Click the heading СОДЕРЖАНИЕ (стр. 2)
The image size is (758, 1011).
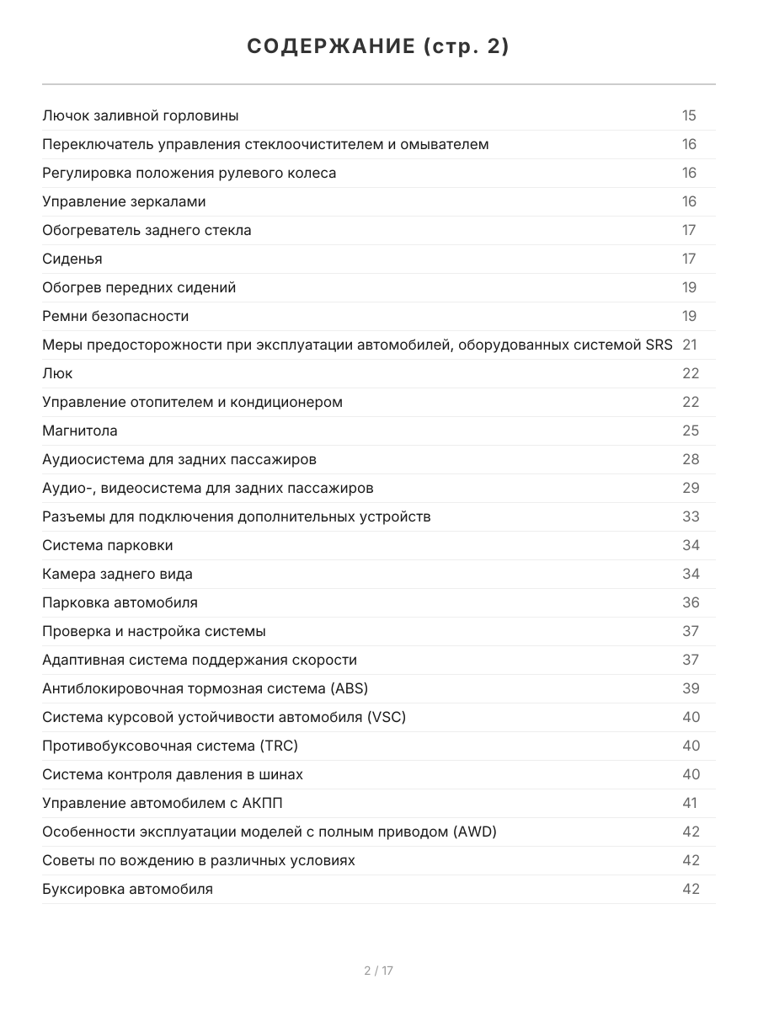coord(378,47)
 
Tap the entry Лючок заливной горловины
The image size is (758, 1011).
coord(140,115)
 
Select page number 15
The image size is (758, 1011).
coord(689,115)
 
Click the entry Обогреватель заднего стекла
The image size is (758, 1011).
coord(147,230)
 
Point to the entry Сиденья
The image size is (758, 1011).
coord(72,259)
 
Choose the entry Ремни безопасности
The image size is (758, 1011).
coord(115,316)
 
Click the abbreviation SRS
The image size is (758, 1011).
coord(659,345)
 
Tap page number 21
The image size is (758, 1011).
coord(689,345)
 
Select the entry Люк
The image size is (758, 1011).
coord(57,373)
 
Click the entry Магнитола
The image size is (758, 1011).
coord(80,431)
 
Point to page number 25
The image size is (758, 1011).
coord(691,431)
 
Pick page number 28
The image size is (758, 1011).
coord(691,459)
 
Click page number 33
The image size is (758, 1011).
coord(691,516)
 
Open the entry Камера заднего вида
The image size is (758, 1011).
coord(117,574)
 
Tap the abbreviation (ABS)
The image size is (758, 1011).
coord(350,688)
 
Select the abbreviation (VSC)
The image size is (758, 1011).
coord(387,717)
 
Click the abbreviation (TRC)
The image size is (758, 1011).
coord(279,746)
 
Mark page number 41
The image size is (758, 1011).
coord(690,803)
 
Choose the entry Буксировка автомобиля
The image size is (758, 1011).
coord(127,889)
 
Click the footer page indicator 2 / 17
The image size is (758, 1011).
coord(378,971)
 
